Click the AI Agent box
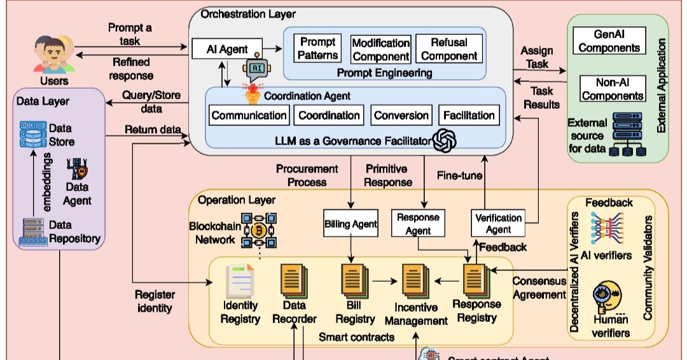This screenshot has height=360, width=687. [228, 49]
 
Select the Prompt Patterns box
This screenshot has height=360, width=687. [318, 48]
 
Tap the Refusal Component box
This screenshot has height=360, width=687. [449, 48]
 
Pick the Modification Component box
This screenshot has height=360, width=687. [380, 48]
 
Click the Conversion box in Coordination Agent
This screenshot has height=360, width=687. [401, 115]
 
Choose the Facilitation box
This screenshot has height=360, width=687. [469, 115]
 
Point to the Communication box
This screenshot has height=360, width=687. [249, 115]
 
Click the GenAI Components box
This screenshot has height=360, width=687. [610, 40]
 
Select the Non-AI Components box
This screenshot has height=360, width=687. [611, 88]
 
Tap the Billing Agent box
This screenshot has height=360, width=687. [350, 223]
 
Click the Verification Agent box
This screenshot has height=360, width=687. [499, 223]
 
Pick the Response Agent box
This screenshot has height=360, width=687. [418, 223]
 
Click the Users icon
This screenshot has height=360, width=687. [53, 56]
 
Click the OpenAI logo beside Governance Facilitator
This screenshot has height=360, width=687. [445, 141]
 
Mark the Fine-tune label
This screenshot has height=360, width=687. [459, 175]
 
